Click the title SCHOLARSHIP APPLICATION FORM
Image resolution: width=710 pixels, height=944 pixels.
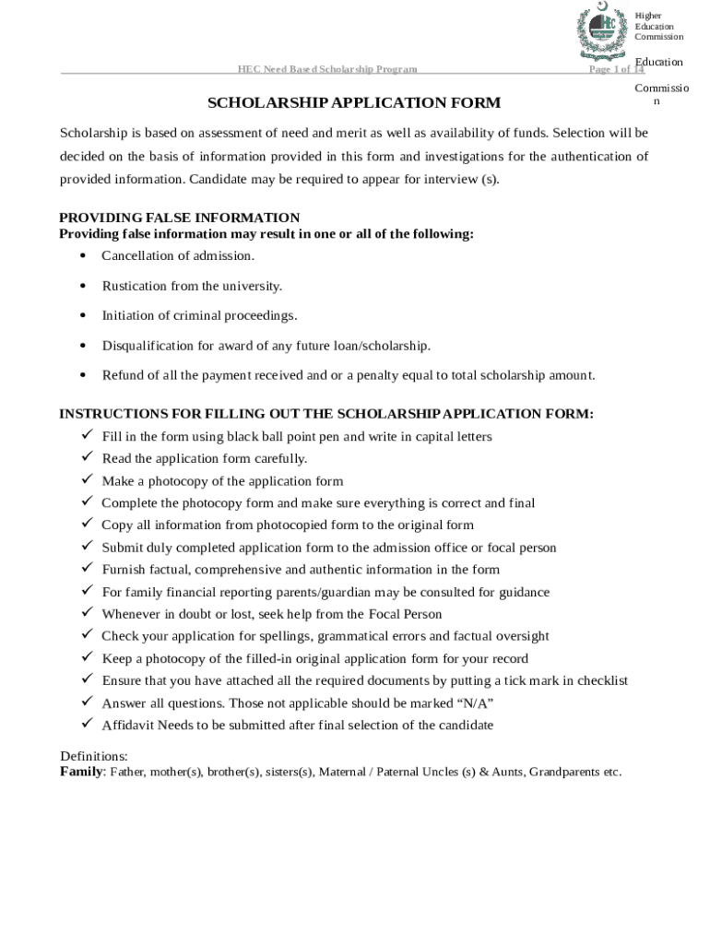pyautogui.click(x=354, y=102)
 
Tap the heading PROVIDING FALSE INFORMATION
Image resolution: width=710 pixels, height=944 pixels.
pyautogui.click(x=180, y=218)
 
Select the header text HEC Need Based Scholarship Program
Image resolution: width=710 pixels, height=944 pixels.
pyautogui.click(x=327, y=69)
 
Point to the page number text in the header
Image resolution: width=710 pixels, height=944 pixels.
pyautogui.click(x=616, y=69)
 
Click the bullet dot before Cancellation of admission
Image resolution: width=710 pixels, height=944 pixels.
pyautogui.click(x=83, y=255)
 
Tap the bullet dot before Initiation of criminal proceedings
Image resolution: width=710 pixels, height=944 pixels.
pyautogui.click(x=83, y=315)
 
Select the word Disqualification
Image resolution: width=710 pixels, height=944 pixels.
pyautogui.click(x=147, y=346)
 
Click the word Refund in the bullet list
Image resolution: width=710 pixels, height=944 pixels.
pyautogui.click(x=121, y=375)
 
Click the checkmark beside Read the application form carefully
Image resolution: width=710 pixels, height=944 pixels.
pyautogui.click(x=87, y=457)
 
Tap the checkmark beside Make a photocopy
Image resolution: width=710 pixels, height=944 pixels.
pyautogui.click(x=87, y=479)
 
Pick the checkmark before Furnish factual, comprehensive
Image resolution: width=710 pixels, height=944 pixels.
pyautogui.click(x=87, y=569)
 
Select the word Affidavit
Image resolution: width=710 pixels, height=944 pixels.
pyautogui.click(x=127, y=725)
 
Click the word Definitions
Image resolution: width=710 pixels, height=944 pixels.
pyautogui.click(x=94, y=756)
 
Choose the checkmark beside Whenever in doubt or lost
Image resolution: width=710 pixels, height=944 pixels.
pyautogui.click(x=87, y=613)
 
